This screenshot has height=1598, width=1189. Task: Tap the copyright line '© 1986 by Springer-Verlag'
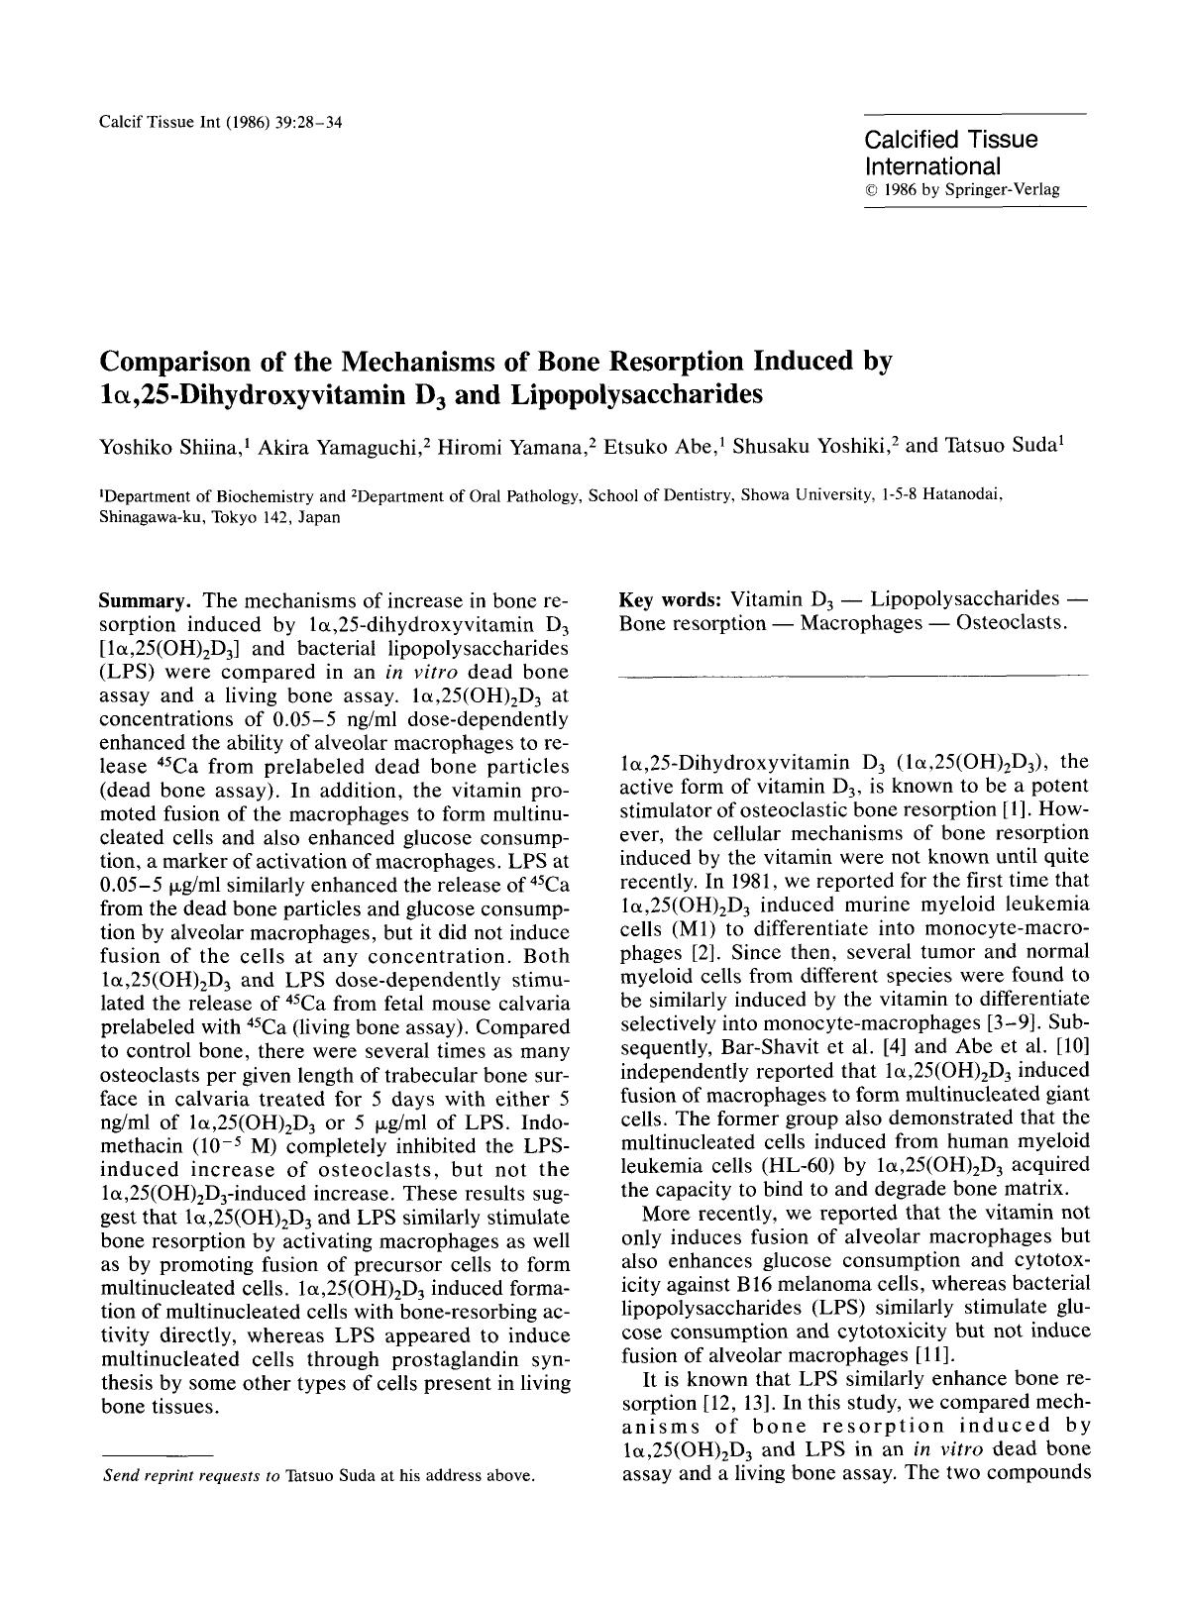[962, 189]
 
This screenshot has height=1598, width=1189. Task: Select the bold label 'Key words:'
[670, 599]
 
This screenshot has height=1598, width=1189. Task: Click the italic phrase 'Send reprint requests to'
[193, 1475]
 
